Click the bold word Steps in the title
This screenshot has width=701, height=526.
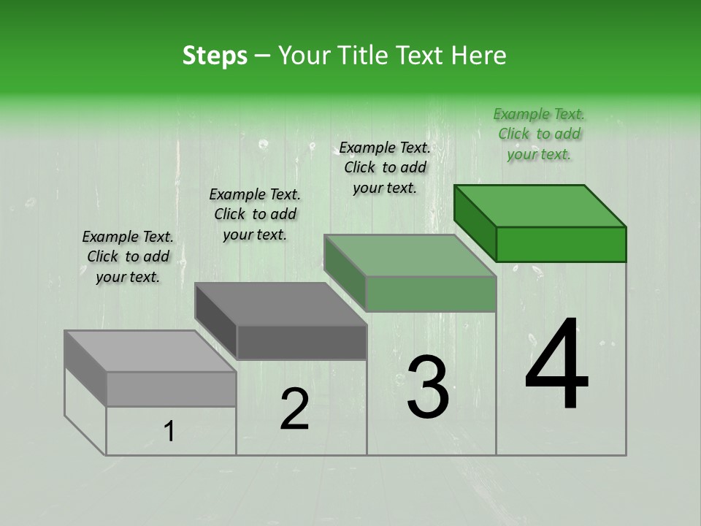(215, 56)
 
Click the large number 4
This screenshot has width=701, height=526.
(556, 365)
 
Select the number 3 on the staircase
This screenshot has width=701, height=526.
(427, 388)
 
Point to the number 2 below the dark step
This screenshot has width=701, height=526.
(294, 409)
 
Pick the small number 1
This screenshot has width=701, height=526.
(169, 432)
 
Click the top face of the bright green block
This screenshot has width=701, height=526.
(540, 205)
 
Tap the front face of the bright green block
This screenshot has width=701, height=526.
(561, 244)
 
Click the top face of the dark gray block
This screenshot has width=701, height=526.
(280, 303)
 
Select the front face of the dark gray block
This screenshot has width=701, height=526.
(302, 342)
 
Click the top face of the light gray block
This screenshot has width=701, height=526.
(150, 351)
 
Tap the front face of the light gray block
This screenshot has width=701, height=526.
(171, 389)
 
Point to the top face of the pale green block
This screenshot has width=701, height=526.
(410, 255)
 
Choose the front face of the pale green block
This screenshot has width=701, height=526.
(431, 294)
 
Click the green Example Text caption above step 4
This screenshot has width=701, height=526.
(539, 134)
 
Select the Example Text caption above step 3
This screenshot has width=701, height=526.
(385, 167)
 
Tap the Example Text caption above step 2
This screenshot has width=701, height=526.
(255, 214)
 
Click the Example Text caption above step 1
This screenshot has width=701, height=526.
(128, 256)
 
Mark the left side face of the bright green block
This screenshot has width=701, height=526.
(475, 223)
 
